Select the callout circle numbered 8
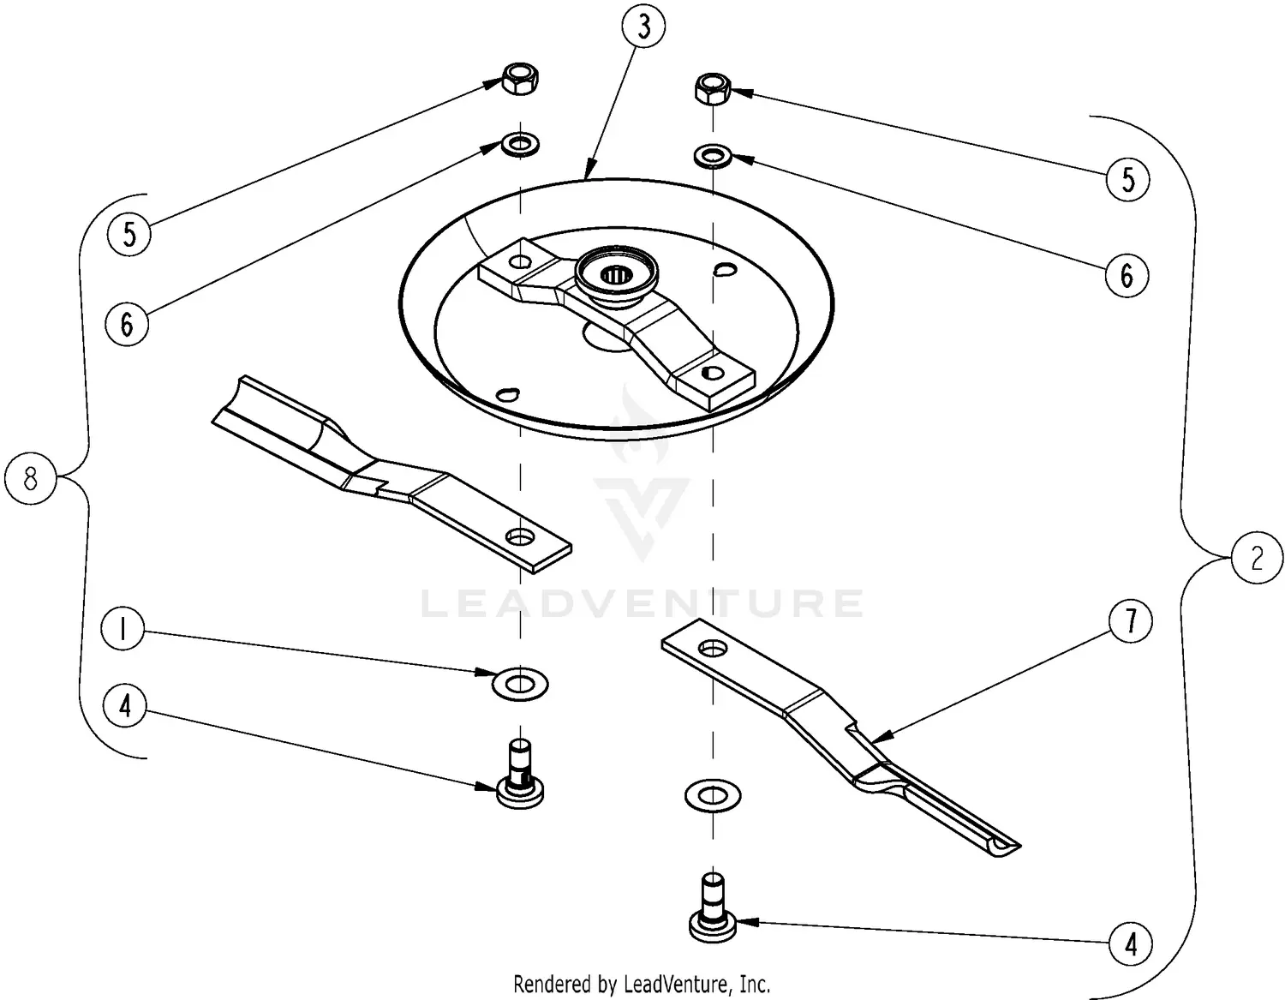30,478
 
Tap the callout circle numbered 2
1256,559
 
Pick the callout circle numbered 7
1131,620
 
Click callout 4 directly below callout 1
126,707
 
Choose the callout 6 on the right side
1127,275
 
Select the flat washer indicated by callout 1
520,685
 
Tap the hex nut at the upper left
520,80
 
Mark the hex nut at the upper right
711,87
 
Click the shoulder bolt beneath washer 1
520,775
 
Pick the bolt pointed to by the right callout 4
712,910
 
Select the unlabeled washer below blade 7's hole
713,796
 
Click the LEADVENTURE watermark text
642,603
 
